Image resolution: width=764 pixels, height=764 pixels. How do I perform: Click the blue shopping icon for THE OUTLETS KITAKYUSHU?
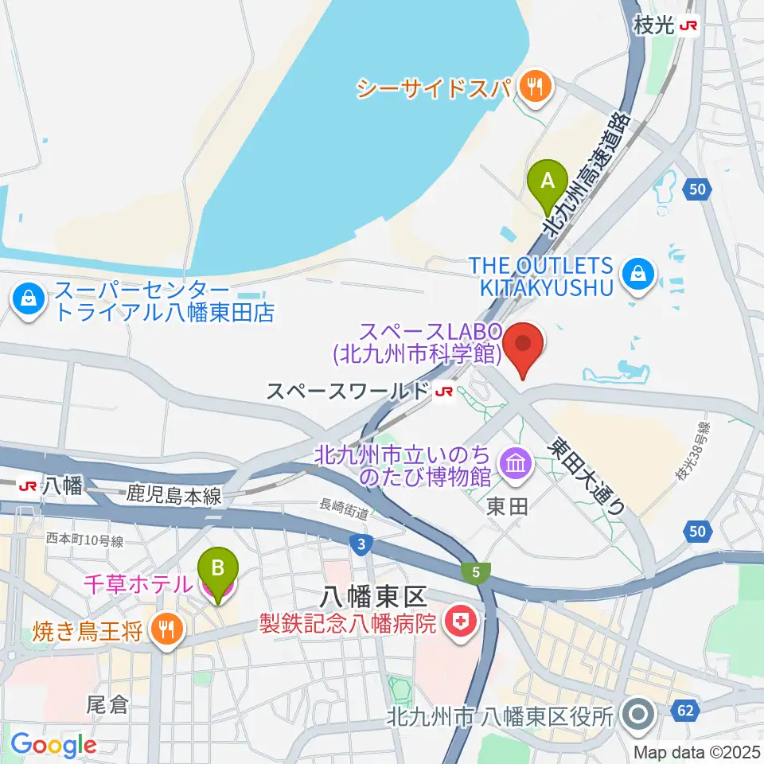pyautogui.click(x=639, y=275)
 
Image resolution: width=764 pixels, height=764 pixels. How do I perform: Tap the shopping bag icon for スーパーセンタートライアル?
pyautogui.click(x=28, y=301)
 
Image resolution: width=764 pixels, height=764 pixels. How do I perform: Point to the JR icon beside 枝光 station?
pyautogui.click(x=689, y=26)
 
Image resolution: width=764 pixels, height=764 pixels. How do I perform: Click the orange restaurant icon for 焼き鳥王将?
pyautogui.click(x=166, y=632)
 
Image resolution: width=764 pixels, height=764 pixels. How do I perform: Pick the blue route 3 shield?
pyautogui.click(x=361, y=544)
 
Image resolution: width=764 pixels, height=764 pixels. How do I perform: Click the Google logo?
pyautogui.click(x=53, y=744)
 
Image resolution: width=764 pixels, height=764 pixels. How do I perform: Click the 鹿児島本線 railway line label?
pyautogui.click(x=173, y=494)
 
